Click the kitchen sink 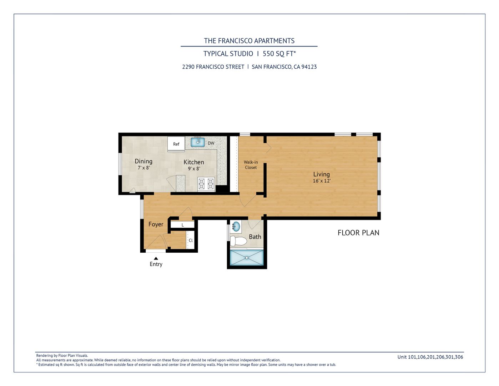(197, 142)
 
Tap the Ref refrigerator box (176, 144)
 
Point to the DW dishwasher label (211, 143)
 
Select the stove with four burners (206, 184)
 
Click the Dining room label (143, 162)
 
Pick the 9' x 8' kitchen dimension (194, 169)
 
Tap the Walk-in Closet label (251, 165)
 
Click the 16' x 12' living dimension (322, 181)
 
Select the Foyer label (156, 224)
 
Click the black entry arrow (156, 258)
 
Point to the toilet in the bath (238, 241)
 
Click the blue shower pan (247, 258)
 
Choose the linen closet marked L (183, 225)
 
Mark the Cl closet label (191, 241)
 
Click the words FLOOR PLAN (358, 233)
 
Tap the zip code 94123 (309, 67)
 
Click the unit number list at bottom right (430, 357)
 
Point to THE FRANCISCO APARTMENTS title (249, 41)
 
